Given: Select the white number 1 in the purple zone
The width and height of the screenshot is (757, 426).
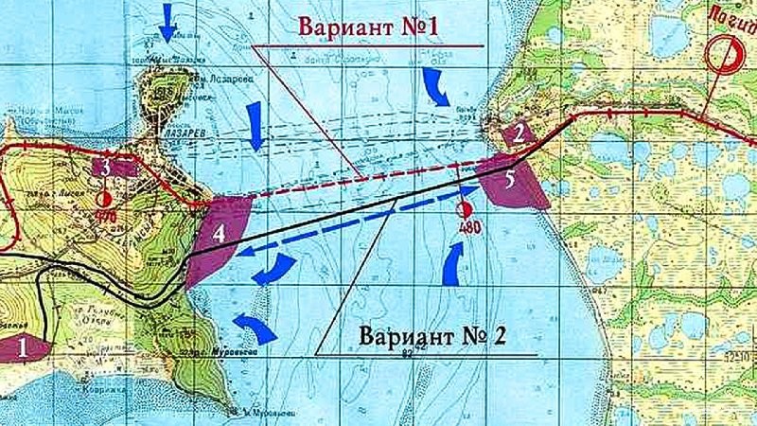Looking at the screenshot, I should (21, 347).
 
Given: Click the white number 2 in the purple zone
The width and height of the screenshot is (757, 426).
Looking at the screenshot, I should (519, 133).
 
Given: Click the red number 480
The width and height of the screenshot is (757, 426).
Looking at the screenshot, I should (465, 228).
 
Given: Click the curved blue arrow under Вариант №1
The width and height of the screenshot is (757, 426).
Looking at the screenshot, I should (438, 85).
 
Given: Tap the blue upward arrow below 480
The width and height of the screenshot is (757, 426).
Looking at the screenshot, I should (454, 264).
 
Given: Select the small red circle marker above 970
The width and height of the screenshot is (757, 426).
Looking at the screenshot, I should (105, 198).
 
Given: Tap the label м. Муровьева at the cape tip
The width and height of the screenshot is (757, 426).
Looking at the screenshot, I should (247, 413).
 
